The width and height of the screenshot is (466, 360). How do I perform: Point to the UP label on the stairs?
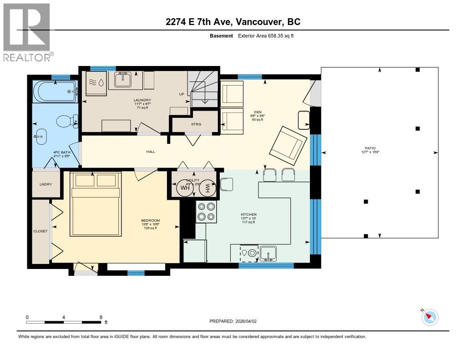pos(181,94)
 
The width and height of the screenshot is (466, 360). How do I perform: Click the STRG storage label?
pos(196,124)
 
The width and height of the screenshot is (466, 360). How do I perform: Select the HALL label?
pos(151,152)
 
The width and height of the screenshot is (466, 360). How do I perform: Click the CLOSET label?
pos(41,231)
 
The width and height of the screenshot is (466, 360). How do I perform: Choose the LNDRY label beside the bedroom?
pos(46,184)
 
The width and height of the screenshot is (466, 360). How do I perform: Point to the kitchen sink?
pos(268,253)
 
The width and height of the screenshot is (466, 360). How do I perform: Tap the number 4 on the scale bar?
pos(64,317)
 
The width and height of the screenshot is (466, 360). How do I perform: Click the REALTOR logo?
pos(27,32)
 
